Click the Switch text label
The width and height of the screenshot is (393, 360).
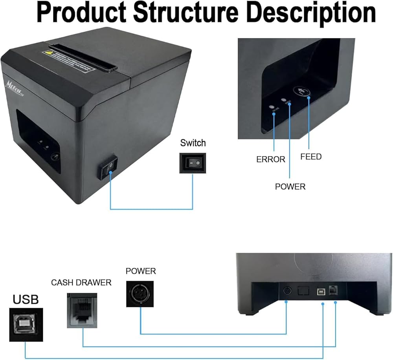[x=193, y=143]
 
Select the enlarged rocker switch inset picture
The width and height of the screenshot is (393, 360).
[x=193, y=163]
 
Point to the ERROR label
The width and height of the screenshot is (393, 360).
[x=270, y=159]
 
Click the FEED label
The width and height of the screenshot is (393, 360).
[x=311, y=157]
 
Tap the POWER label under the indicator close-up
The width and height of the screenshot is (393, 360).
[x=290, y=186]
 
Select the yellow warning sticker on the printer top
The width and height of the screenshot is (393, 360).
[x=50, y=52]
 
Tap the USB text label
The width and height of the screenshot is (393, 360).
[x=26, y=300]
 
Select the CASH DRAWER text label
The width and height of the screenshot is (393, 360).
[x=81, y=283]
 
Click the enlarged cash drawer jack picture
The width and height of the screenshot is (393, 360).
[x=83, y=311]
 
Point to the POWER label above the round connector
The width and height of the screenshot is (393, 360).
[x=141, y=271]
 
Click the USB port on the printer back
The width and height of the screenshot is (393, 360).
[x=321, y=291]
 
